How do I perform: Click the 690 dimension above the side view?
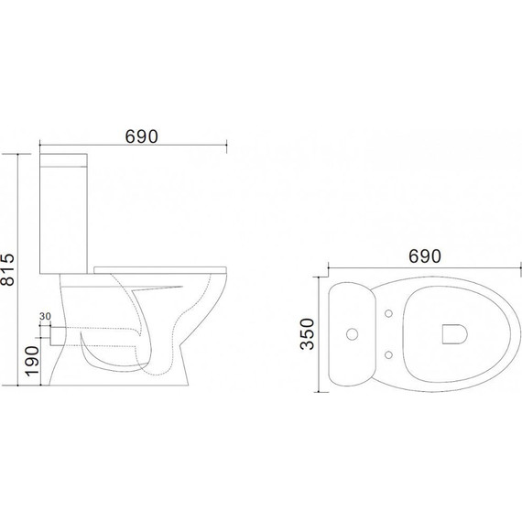coord(141,136)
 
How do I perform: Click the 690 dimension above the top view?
coord(424,256)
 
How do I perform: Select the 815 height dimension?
coord(7,269)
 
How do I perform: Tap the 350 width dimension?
coord(307,334)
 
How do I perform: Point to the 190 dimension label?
coord(32,361)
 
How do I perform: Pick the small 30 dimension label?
coord(45,316)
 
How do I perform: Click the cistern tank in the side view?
coord(63,213)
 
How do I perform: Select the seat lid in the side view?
coord(160,270)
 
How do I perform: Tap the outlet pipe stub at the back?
coord(57,336)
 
